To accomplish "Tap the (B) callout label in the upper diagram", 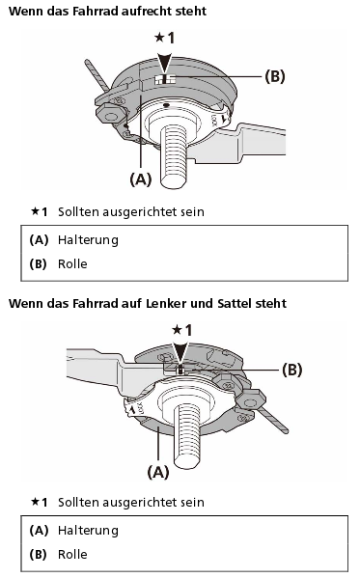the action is coord(275,76).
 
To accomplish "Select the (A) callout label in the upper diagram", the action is coord(141,179).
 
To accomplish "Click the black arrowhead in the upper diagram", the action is coord(164,63).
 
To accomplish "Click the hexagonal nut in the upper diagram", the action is coord(109,115).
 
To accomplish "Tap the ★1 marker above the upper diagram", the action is coord(164,38).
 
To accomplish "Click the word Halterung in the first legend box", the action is coord(88,240).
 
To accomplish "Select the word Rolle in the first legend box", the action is coord(72,264).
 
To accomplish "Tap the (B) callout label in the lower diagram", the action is coord(291,370).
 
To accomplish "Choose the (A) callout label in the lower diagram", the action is coord(158,472).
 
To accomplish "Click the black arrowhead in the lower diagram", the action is coord(180,354).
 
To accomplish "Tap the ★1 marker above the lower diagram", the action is coord(181,330).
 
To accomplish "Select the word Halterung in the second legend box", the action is coord(88,531).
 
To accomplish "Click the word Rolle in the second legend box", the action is coord(72,555).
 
